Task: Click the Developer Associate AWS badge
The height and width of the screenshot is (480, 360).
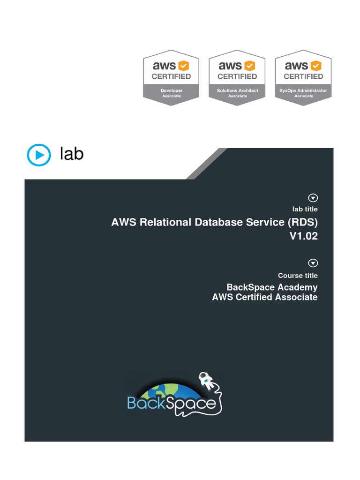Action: [171, 77]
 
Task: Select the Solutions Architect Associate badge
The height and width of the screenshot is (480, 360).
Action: [237, 77]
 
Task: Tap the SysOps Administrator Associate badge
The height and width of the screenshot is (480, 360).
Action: [303, 77]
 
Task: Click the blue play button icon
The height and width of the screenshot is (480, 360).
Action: [38, 155]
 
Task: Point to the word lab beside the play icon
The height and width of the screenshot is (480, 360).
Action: [72, 154]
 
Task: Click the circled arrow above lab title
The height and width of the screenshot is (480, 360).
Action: [313, 198]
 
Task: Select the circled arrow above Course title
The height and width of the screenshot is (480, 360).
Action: [313, 263]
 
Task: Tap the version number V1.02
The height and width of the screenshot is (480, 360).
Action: [303, 236]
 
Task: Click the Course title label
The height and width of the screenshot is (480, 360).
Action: [298, 276]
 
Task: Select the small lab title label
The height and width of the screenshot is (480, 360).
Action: [305, 209]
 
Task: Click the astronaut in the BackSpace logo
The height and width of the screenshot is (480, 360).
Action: [205, 379]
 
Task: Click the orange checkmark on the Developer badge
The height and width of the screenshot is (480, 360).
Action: [183, 66]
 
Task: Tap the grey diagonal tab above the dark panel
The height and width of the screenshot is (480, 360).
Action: [206, 164]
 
